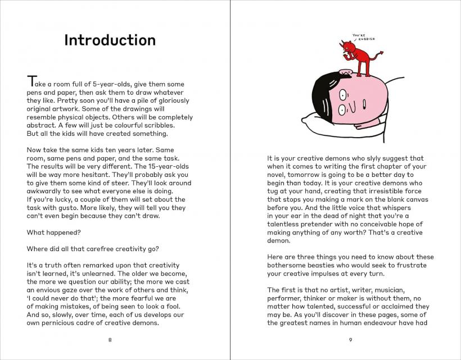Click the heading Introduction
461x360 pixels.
110,40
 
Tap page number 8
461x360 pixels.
110,339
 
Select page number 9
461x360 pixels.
350,339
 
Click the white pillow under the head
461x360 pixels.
315,121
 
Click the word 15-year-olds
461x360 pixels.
165,167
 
